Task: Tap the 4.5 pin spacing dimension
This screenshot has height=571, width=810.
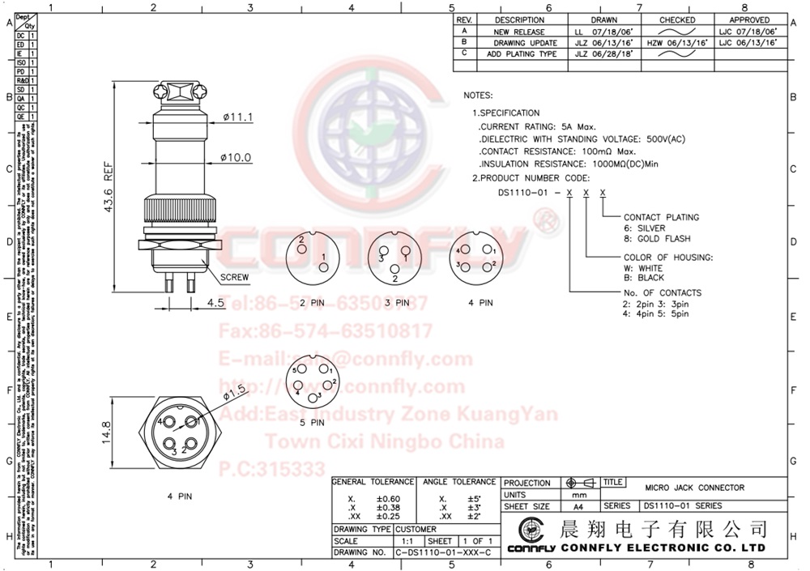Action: click(215, 304)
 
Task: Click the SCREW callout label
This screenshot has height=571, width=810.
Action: click(234, 277)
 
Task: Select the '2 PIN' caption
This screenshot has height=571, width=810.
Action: click(313, 303)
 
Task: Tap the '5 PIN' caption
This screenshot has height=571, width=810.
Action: click(312, 422)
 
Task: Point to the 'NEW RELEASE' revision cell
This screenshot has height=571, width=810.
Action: click(518, 32)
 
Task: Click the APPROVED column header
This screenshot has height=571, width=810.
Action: click(749, 19)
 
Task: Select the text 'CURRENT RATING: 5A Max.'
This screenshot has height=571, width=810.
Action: click(538, 127)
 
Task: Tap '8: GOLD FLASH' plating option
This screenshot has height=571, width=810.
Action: click(657, 239)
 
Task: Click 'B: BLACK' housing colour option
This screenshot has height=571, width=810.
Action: click(644, 278)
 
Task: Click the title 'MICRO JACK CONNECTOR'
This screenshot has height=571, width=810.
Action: click(694, 488)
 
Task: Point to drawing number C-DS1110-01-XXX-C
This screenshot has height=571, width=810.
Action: click(443, 552)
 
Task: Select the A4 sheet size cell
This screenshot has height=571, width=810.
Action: click(578, 506)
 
